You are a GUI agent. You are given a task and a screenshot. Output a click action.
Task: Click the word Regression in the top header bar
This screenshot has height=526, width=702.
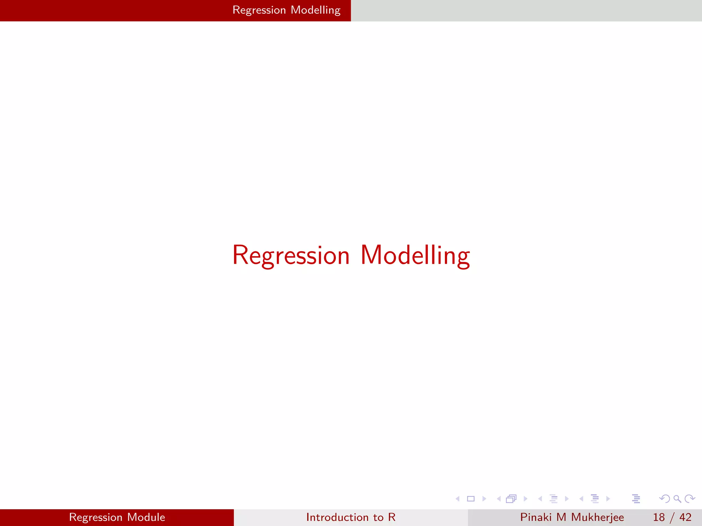click(259, 10)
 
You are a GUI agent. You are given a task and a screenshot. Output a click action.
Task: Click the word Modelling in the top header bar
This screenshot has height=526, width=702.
click(315, 10)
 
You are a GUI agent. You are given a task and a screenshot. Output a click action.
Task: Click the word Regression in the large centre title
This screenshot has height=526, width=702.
click(291, 255)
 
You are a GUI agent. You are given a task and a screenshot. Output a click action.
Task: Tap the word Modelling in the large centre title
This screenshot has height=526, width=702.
click(415, 255)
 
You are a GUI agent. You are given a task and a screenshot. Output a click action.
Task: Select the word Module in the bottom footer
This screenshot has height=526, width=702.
click(146, 517)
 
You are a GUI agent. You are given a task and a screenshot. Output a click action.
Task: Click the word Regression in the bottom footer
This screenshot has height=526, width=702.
click(96, 517)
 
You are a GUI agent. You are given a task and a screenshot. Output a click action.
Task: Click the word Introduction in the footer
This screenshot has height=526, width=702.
click(337, 517)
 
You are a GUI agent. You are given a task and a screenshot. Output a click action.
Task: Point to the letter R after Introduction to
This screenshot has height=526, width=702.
click(392, 517)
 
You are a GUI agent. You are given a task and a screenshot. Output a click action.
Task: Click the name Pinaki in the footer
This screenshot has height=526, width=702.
click(536, 517)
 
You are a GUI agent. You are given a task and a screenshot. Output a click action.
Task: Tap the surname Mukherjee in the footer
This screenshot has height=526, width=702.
click(597, 517)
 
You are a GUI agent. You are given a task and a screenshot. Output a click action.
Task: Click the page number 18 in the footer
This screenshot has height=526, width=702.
click(659, 517)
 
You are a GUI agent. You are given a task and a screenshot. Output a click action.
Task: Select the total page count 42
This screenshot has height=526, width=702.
click(685, 517)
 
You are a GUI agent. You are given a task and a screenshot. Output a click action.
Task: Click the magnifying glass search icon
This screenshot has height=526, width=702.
click(677, 499)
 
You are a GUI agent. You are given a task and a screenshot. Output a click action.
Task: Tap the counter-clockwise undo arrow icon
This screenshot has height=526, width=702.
click(665, 499)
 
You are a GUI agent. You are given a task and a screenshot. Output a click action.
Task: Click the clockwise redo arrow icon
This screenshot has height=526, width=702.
click(690, 499)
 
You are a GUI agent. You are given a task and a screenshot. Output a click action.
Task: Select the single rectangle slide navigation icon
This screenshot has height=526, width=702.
click(471, 499)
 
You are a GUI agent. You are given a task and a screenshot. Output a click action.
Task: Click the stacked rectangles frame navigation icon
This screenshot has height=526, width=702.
click(511, 499)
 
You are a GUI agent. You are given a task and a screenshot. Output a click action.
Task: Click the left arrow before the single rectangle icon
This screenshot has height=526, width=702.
click(457, 499)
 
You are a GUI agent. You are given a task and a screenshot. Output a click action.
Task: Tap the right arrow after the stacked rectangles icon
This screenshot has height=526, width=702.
click(525, 499)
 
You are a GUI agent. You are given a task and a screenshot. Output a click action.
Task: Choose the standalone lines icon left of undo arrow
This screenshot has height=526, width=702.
click(636, 499)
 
